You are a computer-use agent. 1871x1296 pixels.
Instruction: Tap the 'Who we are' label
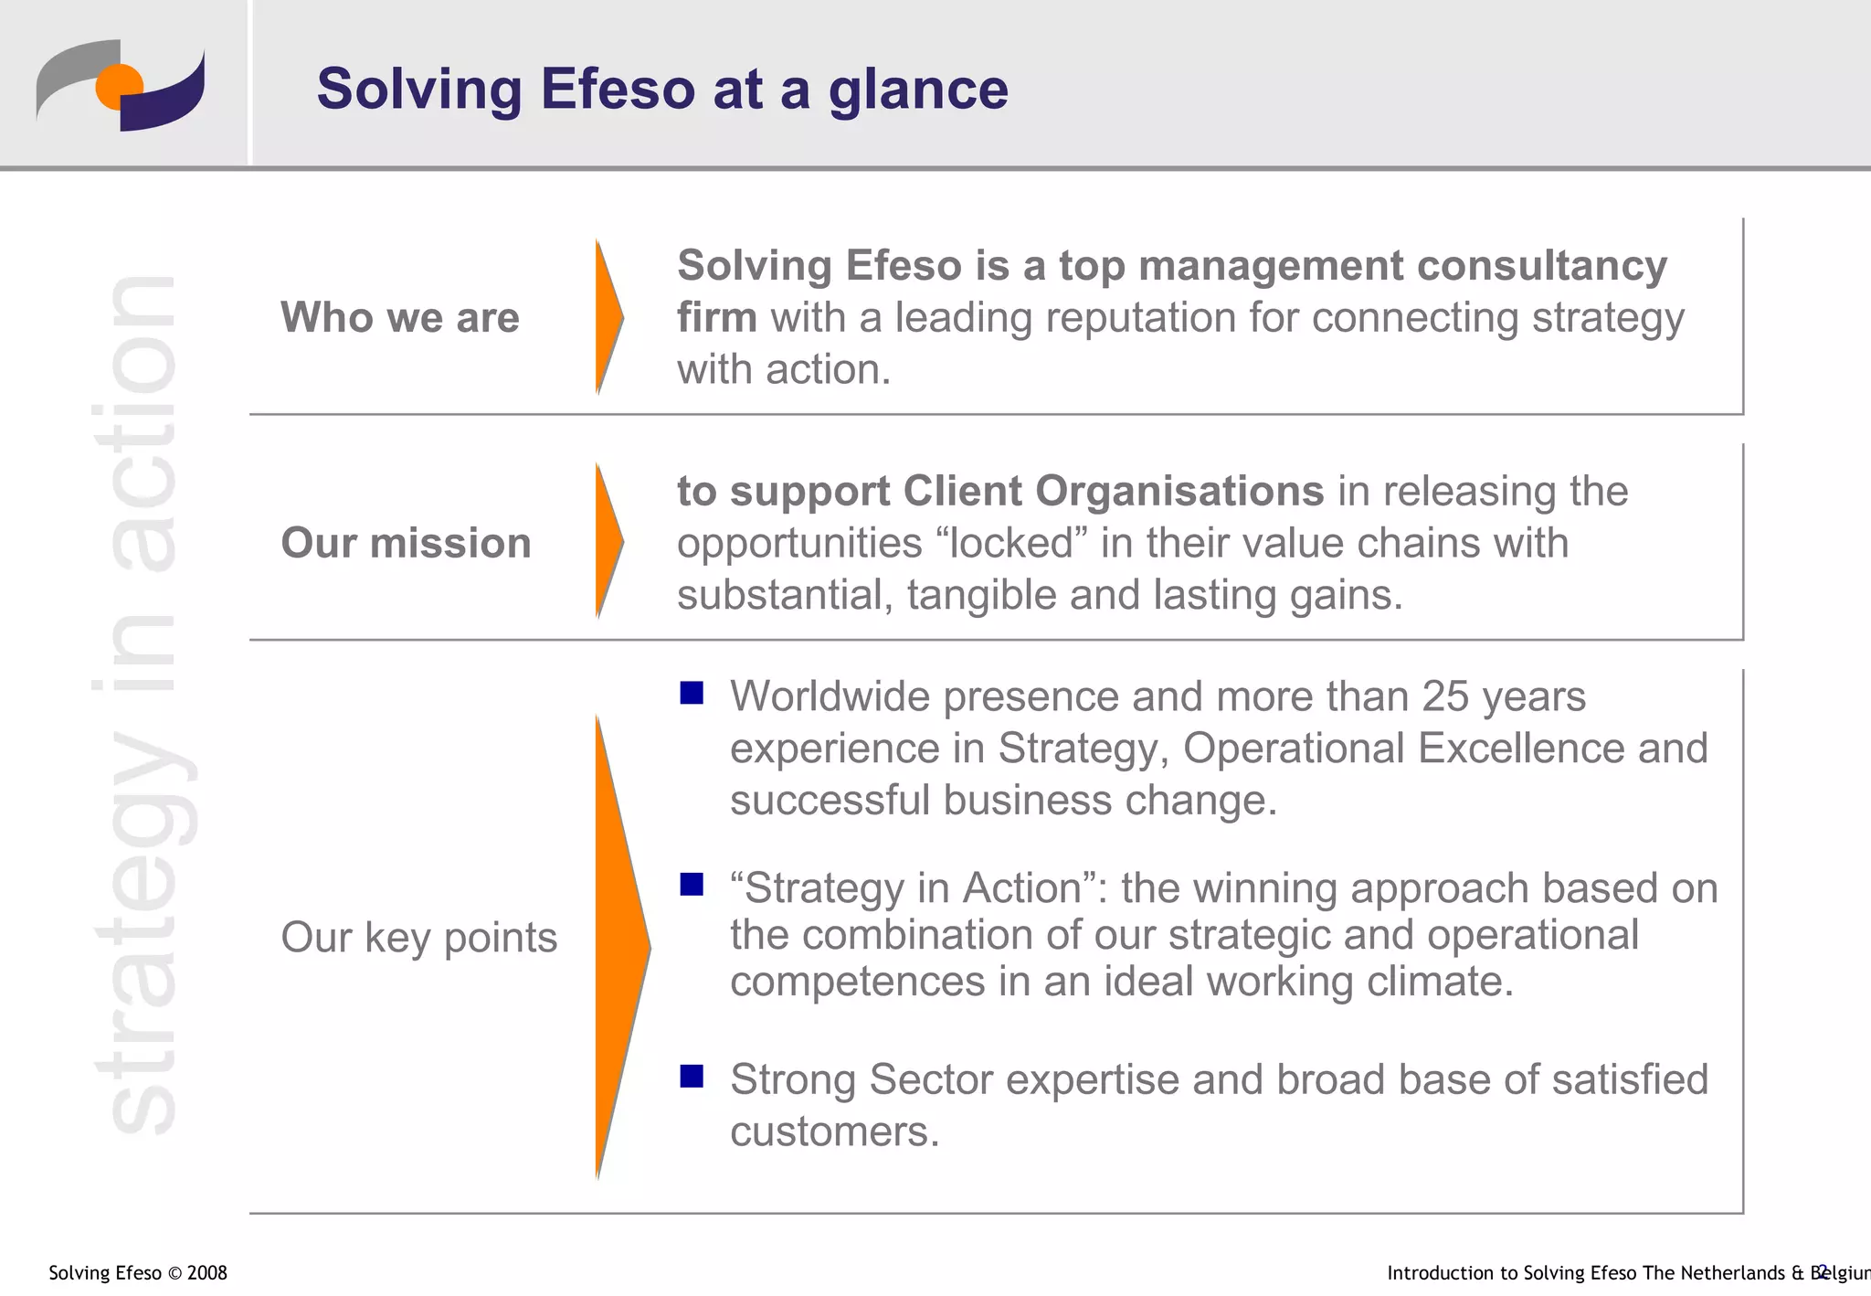399,317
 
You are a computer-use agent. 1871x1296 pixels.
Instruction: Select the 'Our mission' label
406,543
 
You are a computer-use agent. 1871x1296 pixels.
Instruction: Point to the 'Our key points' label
418,938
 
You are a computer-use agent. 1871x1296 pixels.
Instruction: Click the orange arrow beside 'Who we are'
608,317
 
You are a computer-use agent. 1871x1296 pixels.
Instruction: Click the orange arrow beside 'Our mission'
608,541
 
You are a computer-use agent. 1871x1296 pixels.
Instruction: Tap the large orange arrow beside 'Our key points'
618,947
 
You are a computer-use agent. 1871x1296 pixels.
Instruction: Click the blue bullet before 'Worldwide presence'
692,694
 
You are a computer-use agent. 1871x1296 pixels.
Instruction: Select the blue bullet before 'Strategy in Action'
692,885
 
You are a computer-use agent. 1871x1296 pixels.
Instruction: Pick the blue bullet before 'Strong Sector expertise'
692,1076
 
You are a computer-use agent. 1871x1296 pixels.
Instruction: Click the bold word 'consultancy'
1541,266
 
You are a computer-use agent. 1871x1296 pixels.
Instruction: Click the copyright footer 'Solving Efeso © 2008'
137,1273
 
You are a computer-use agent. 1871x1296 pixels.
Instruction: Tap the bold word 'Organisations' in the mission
1113,491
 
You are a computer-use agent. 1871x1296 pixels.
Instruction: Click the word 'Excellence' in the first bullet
1521,749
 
